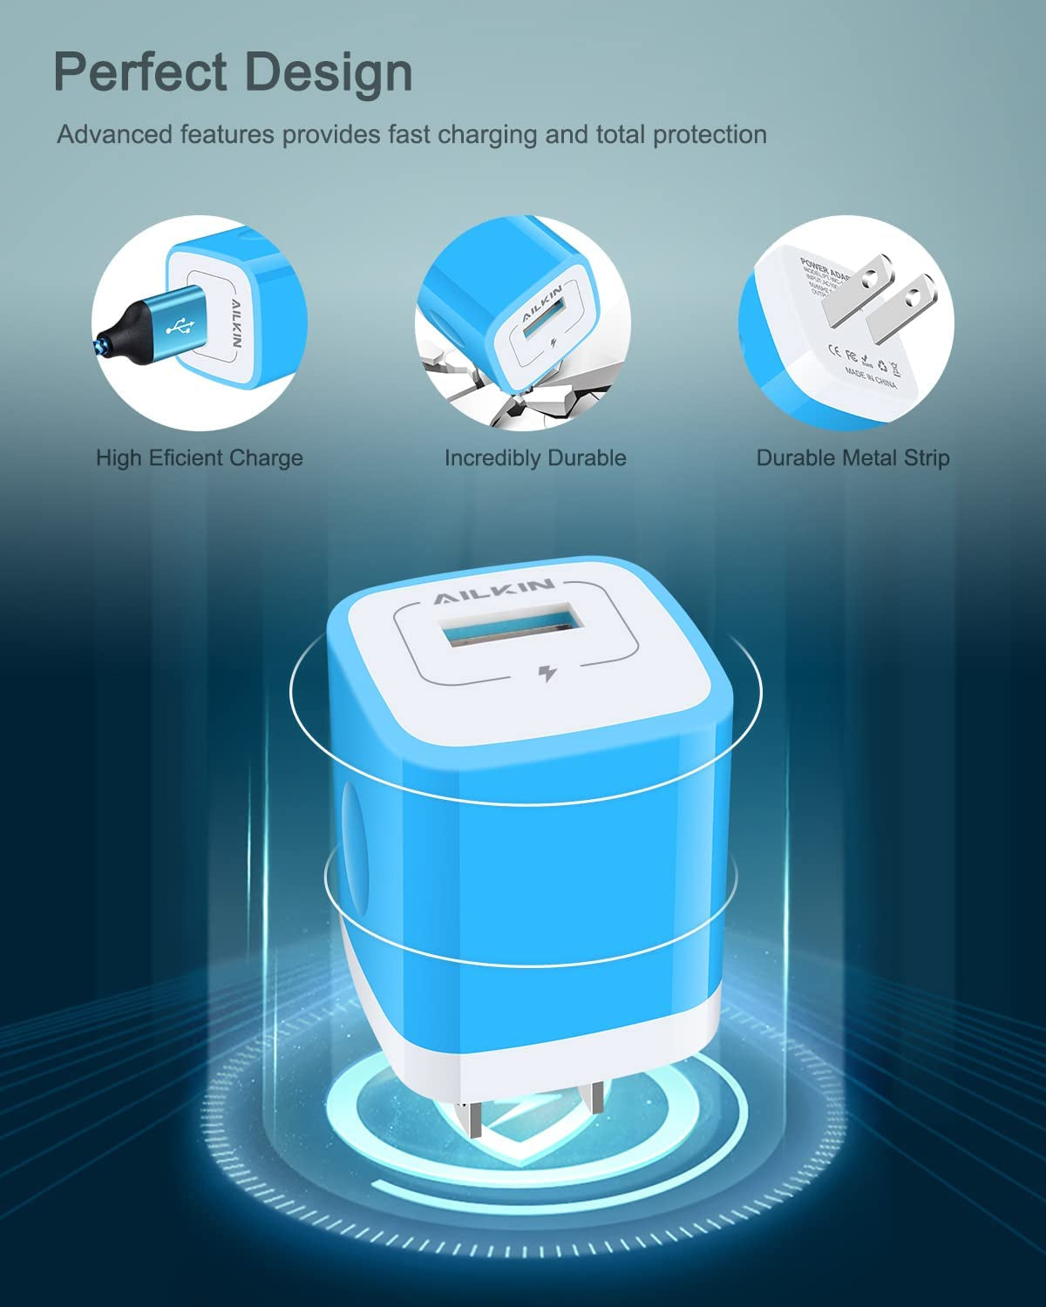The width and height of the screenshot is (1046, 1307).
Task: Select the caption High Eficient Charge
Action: pyautogui.click(x=200, y=457)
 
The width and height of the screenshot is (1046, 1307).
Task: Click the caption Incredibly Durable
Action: pyautogui.click(x=535, y=457)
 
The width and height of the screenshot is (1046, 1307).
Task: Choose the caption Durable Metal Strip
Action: pyautogui.click(x=852, y=457)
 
